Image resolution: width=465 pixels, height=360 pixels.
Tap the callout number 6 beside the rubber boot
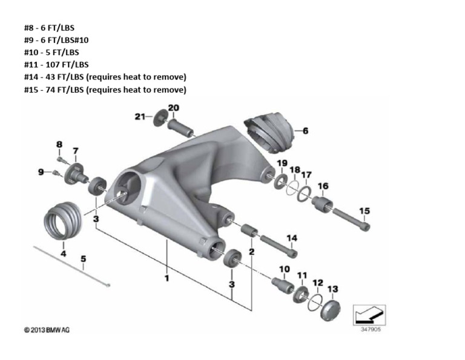tap(305, 131)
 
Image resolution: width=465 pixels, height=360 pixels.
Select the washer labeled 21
tap(160, 118)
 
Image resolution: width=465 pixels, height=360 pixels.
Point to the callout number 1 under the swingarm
tap(167, 278)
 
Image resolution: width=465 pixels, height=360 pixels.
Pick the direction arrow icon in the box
tap(369, 313)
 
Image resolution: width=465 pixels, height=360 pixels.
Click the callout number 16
tap(323, 186)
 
